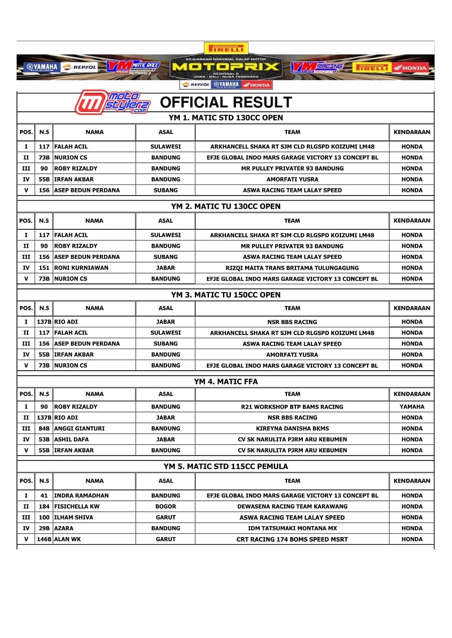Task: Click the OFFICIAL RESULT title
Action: click(x=225, y=102)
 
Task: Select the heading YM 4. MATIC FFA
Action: click(x=225, y=382)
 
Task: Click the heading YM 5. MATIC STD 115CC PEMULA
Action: click(x=225, y=466)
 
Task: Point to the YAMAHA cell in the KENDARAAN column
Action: click(x=412, y=407)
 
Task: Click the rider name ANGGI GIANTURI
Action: click(x=79, y=428)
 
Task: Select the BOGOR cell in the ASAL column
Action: click(x=165, y=507)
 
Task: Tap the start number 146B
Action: click(x=44, y=539)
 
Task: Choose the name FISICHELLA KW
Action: click(x=77, y=507)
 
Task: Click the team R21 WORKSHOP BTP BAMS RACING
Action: click(x=292, y=407)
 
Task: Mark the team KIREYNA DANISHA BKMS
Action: click(x=292, y=428)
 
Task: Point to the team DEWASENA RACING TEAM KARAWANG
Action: click(x=292, y=507)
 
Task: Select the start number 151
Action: click(x=44, y=268)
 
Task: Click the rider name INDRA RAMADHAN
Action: click(x=81, y=496)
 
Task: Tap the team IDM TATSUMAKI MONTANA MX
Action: click(x=292, y=528)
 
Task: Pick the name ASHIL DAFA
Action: click(x=71, y=439)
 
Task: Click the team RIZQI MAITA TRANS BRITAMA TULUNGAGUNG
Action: click(x=292, y=268)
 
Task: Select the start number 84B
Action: click(x=44, y=428)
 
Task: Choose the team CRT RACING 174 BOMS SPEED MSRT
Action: click(x=292, y=539)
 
